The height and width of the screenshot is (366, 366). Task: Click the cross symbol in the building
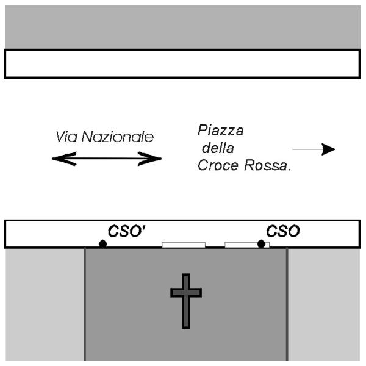pyautogui.click(x=186, y=300)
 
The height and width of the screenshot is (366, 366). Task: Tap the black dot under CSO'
pyautogui.click(x=103, y=244)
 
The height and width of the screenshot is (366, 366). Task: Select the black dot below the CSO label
pyautogui.click(x=261, y=244)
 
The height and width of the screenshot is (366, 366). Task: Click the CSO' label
pyautogui.click(x=121, y=232)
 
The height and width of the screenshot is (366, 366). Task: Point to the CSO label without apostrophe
pyautogui.click(x=282, y=232)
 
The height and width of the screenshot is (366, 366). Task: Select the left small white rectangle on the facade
pyautogui.click(x=183, y=245)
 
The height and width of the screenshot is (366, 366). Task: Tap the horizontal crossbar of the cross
pyautogui.click(x=186, y=292)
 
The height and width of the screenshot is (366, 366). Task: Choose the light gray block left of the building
pyautogui.click(x=44, y=305)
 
